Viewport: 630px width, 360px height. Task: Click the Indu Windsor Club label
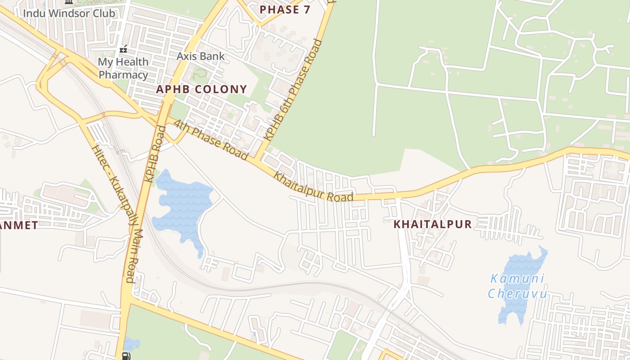click(x=69, y=13)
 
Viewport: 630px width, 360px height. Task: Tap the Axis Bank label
click(x=200, y=56)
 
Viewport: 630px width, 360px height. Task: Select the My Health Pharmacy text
click(x=123, y=68)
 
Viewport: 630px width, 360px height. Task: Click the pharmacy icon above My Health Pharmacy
click(x=123, y=49)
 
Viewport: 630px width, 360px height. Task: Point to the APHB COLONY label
click(x=201, y=89)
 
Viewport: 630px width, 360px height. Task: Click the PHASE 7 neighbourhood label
click(x=285, y=9)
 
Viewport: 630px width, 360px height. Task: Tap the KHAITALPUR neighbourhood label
click(x=432, y=224)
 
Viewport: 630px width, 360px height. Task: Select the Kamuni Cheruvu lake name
click(x=517, y=286)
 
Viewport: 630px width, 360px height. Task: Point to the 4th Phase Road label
click(x=211, y=139)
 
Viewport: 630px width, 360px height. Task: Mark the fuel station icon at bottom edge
click(x=126, y=356)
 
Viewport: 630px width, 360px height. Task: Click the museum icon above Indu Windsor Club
click(x=69, y=2)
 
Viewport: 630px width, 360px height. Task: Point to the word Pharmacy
click(x=123, y=75)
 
